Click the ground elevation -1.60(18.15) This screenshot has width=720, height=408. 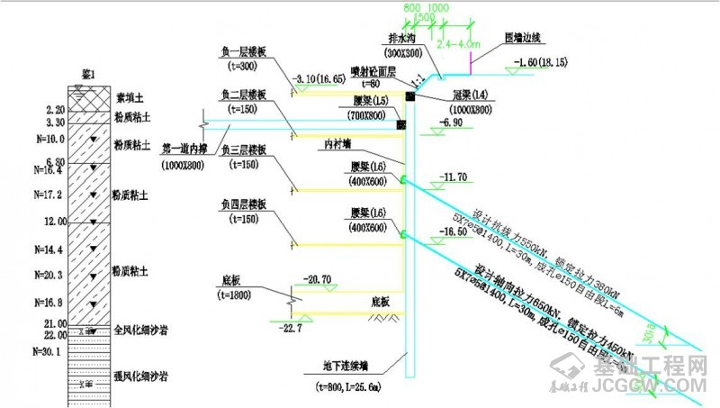click(x=539, y=62)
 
